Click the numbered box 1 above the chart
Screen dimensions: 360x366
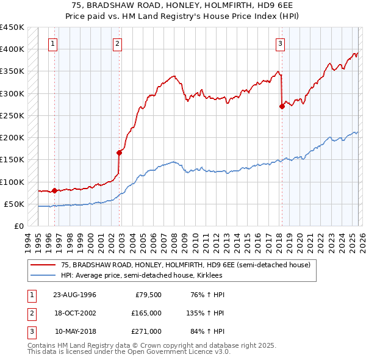54,43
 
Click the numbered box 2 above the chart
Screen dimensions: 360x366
117,43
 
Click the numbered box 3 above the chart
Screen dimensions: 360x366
280,43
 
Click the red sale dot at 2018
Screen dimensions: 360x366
282,106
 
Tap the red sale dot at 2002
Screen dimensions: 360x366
120,153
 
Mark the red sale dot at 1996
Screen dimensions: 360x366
55,190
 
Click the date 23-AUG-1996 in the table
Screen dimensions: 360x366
75,295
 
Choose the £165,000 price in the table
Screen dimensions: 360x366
146,313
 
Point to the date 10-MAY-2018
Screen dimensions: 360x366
75,331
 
